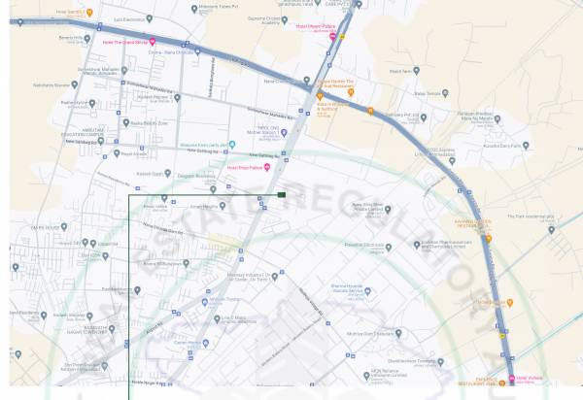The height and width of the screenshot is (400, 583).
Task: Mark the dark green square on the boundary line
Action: point(281,195)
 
